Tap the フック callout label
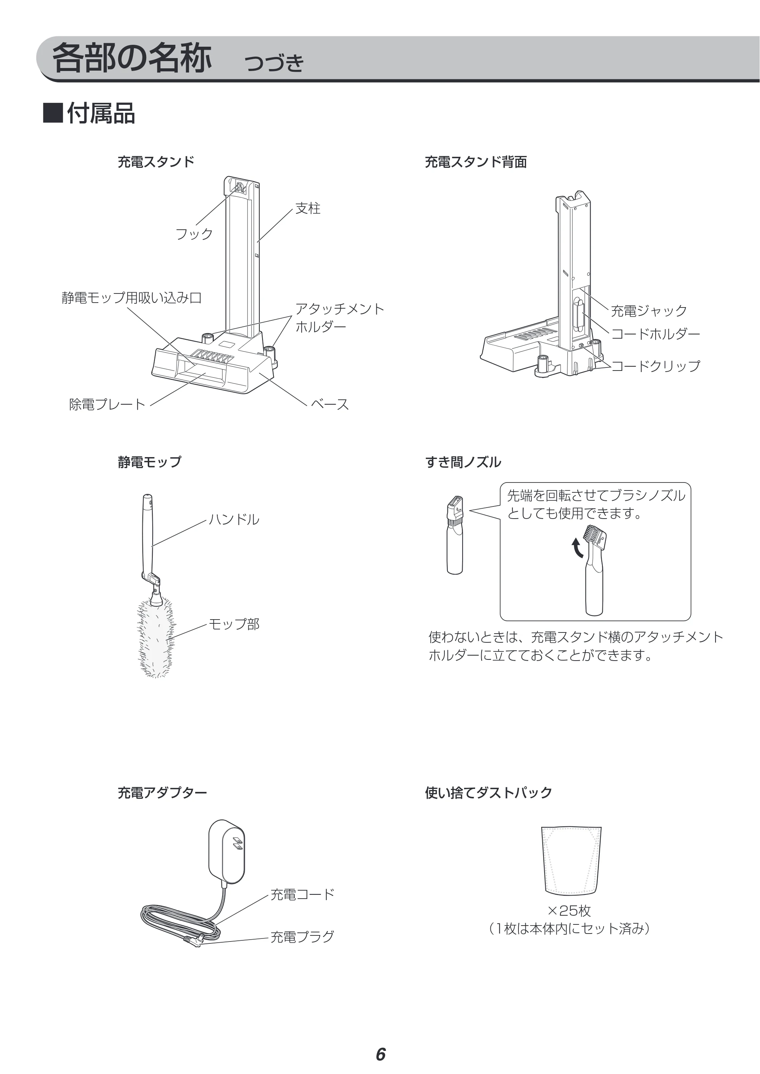point(194,234)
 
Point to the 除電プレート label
point(107,404)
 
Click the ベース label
point(330,404)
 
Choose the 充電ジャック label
point(649,311)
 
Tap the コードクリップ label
point(656,366)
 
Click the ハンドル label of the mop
point(234,519)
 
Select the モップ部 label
point(234,624)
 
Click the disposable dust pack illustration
point(571,860)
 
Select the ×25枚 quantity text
point(569,910)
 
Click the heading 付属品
point(101,114)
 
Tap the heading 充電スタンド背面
point(476,162)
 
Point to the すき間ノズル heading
point(463,462)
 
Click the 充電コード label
point(302,894)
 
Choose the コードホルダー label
point(656,334)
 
